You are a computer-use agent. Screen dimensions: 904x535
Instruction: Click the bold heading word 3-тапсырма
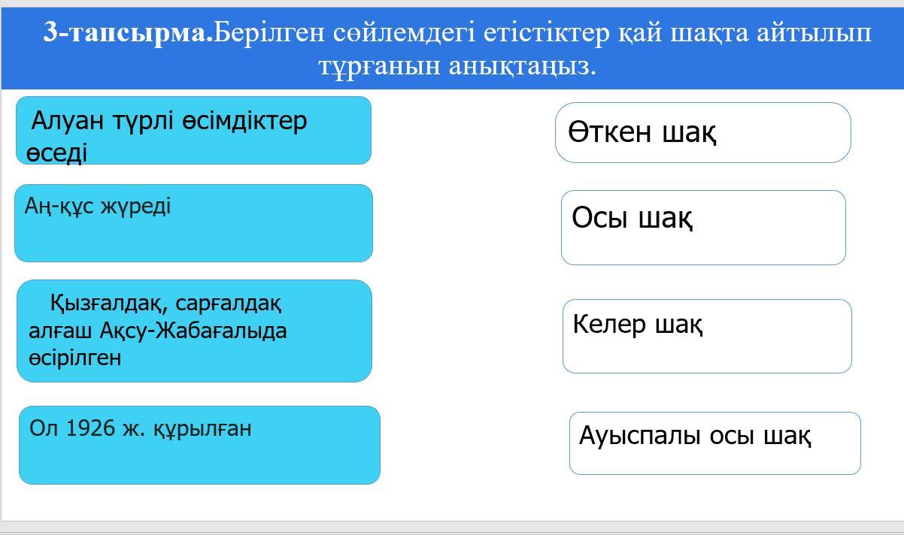(128, 32)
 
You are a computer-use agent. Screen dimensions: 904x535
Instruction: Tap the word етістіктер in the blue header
(547, 32)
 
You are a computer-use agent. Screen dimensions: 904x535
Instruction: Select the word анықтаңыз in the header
(522, 67)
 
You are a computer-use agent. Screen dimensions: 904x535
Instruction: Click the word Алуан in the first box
(67, 120)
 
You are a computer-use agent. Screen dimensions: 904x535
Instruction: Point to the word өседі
(56, 153)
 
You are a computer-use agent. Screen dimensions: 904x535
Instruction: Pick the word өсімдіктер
(244, 120)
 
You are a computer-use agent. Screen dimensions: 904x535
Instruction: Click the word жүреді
(135, 207)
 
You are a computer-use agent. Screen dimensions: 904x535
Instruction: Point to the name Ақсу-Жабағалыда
(193, 331)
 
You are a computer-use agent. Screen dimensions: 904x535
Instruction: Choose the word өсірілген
(74, 358)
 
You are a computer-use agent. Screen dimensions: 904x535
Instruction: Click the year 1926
(90, 428)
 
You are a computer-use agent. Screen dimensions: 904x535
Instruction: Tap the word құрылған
(202, 429)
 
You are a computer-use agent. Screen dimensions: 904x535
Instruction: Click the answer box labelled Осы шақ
(703, 228)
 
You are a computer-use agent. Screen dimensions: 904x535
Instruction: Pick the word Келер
(609, 324)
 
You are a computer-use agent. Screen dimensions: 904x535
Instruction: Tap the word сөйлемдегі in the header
(404, 32)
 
